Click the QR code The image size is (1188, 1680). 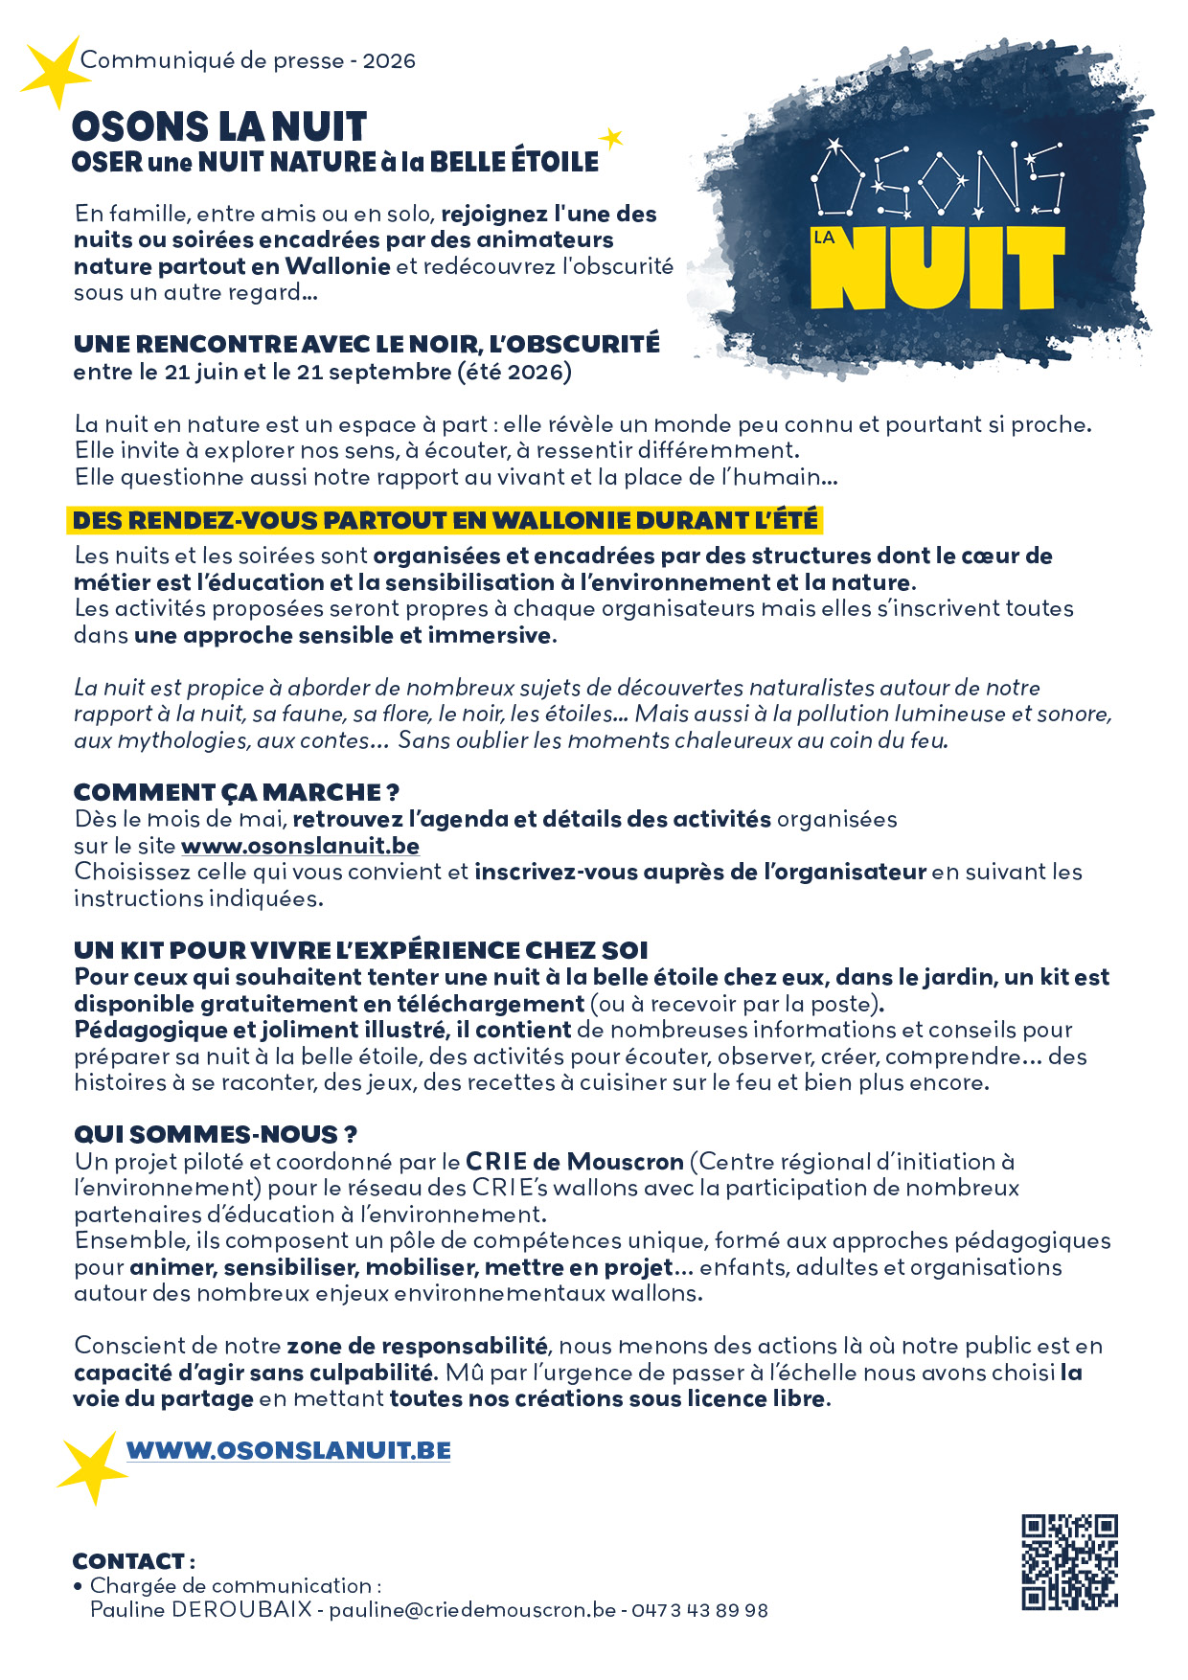click(x=1069, y=1562)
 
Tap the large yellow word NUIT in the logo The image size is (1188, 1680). click(x=937, y=268)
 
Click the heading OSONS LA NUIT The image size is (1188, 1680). click(x=219, y=126)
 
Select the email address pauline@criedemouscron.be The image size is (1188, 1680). click(x=472, y=1610)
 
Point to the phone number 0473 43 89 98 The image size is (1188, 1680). click(x=699, y=1610)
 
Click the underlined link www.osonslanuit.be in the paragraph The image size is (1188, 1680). click(x=300, y=846)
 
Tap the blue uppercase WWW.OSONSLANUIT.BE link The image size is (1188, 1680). click(x=288, y=1450)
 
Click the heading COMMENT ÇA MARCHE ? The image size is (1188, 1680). click(x=236, y=792)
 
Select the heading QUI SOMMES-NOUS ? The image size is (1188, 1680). click(x=216, y=1134)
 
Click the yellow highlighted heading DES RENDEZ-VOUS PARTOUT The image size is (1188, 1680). click(x=445, y=520)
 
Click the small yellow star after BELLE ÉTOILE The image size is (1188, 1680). click(x=610, y=139)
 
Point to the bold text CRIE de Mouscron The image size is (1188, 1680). click(x=575, y=1162)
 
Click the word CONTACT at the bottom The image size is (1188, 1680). click(x=128, y=1561)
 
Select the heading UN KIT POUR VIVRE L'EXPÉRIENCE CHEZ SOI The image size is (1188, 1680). click(x=361, y=950)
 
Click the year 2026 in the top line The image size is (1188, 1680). click(x=389, y=60)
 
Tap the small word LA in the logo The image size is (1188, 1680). click(x=824, y=238)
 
